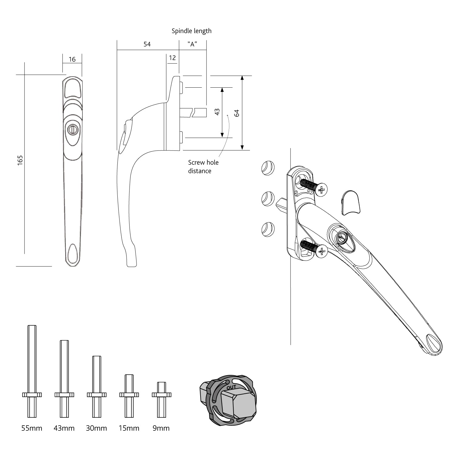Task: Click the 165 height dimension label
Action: point(20,160)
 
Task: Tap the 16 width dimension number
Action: point(72,59)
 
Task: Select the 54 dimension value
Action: point(147,44)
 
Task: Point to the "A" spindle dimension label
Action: point(192,44)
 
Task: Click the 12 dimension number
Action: point(172,58)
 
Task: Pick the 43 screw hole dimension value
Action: point(217,112)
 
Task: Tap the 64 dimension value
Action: point(237,113)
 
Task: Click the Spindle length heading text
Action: point(191,31)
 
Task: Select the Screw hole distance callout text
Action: point(203,167)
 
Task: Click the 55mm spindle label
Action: point(32,428)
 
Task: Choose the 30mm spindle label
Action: point(96,428)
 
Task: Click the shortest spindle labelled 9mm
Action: point(161,399)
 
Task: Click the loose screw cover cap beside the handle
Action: point(351,203)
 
